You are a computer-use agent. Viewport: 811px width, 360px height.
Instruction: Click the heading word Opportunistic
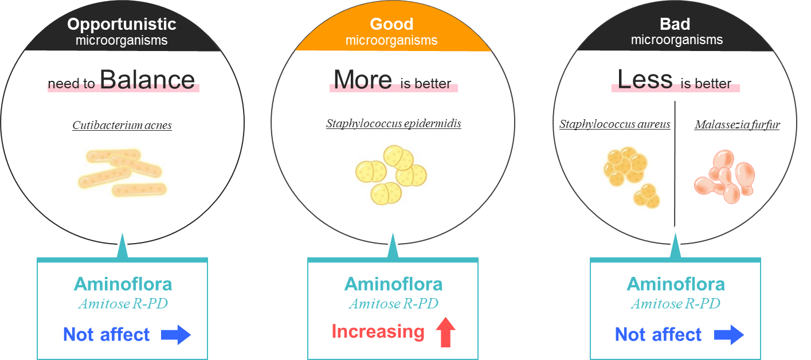pyautogui.click(x=122, y=24)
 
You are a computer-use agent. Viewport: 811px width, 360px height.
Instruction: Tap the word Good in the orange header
pyautogui.click(x=391, y=24)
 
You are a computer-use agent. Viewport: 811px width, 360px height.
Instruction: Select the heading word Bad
pyautogui.click(x=675, y=24)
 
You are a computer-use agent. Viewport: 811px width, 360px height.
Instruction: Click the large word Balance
pyautogui.click(x=147, y=80)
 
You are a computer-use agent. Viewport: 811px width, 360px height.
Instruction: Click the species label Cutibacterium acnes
pyautogui.click(x=122, y=125)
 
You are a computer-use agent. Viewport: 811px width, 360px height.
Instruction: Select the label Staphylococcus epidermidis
pyautogui.click(x=394, y=123)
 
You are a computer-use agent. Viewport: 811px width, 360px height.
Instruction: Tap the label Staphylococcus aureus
pyautogui.click(x=614, y=124)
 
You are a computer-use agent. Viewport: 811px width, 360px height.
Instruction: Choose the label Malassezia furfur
pyautogui.click(x=737, y=124)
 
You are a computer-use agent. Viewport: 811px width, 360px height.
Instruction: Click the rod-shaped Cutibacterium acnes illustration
pyautogui.click(x=123, y=171)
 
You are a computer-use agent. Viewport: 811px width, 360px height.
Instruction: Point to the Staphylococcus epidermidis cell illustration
pyautogui.click(x=391, y=174)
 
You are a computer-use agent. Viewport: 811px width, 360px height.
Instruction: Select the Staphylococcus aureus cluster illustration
pyautogui.click(x=630, y=178)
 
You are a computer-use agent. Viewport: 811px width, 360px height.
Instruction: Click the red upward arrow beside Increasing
pyautogui.click(x=446, y=333)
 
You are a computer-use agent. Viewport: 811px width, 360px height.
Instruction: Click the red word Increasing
pyautogui.click(x=378, y=331)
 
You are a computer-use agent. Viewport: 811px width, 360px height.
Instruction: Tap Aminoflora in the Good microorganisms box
pyautogui.click(x=393, y=284)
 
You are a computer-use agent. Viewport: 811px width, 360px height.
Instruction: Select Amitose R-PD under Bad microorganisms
pyautogui.click(x=675, y=304)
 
